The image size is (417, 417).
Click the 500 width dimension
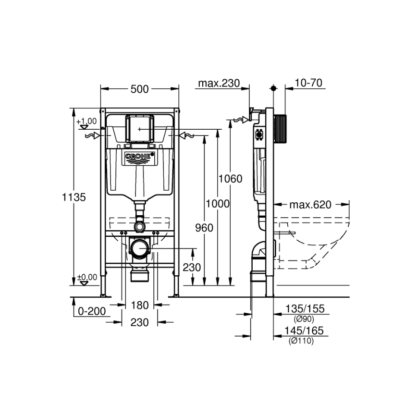(139, 89)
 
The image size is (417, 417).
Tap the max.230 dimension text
(219, 84)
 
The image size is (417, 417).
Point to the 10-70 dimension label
(308, 84)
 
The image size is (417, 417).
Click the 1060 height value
(230, 179)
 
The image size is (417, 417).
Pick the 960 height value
(205, 228)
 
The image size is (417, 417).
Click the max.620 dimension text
(310, 205)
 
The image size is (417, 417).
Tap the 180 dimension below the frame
(140, 305)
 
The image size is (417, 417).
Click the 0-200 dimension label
(92, 311)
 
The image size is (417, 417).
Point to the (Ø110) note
(301, 341)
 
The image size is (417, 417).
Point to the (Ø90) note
(301, 319)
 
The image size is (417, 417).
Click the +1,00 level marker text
(86, 121)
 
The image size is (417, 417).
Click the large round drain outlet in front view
(140, 248)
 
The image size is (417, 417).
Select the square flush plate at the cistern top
(140, 128)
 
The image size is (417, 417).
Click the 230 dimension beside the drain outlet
(192, 268)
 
